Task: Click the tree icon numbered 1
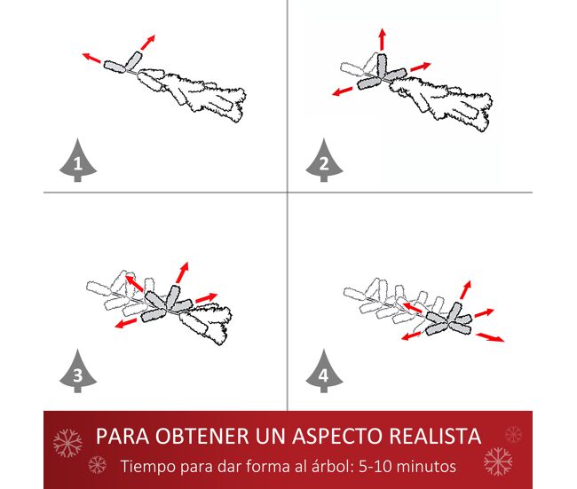78,161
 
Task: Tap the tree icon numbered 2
324,161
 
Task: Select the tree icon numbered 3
78,372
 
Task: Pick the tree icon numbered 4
324,372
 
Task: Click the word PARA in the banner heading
123,436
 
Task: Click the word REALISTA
435,436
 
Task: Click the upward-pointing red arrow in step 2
383,39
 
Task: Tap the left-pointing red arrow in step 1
91,58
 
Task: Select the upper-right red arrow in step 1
148,42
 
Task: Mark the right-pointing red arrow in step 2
421,67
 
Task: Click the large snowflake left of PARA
67,443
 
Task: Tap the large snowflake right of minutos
498,461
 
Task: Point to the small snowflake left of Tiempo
98,465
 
